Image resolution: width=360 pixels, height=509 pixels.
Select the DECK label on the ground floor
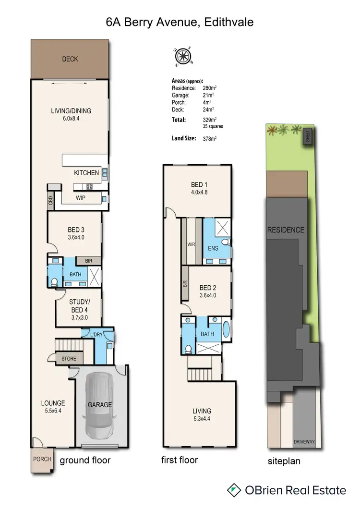(x=70, y=59)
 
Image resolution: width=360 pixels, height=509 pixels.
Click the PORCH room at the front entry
(x=42, y=459)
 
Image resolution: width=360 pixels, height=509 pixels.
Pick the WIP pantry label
(x=81, y=198)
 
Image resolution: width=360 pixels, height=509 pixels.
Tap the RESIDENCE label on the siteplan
(x=286, y=230)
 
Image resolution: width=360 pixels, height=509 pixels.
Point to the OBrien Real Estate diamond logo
(x=234, y=490)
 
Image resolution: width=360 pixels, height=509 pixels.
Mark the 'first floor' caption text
(x=180, y=460)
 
